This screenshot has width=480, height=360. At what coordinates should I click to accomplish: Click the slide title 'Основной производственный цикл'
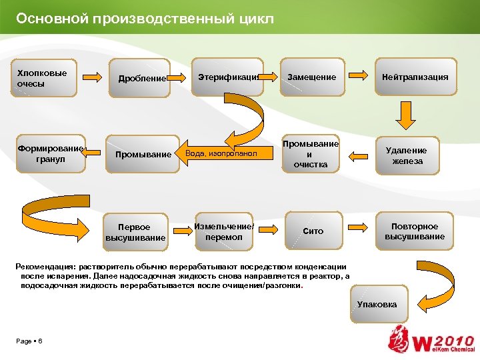coord(145,19)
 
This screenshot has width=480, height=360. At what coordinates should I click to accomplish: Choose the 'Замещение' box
coord(311,77)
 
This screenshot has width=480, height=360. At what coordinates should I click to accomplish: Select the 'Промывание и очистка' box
coord(311,154)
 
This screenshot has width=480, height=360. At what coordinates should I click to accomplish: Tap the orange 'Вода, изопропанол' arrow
coord(227,154)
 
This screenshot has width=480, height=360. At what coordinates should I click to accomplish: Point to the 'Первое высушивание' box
coord(135,232)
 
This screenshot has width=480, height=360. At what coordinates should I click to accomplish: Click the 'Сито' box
coord(313,231)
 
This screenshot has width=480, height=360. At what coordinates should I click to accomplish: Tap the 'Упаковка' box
coord(377,305)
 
